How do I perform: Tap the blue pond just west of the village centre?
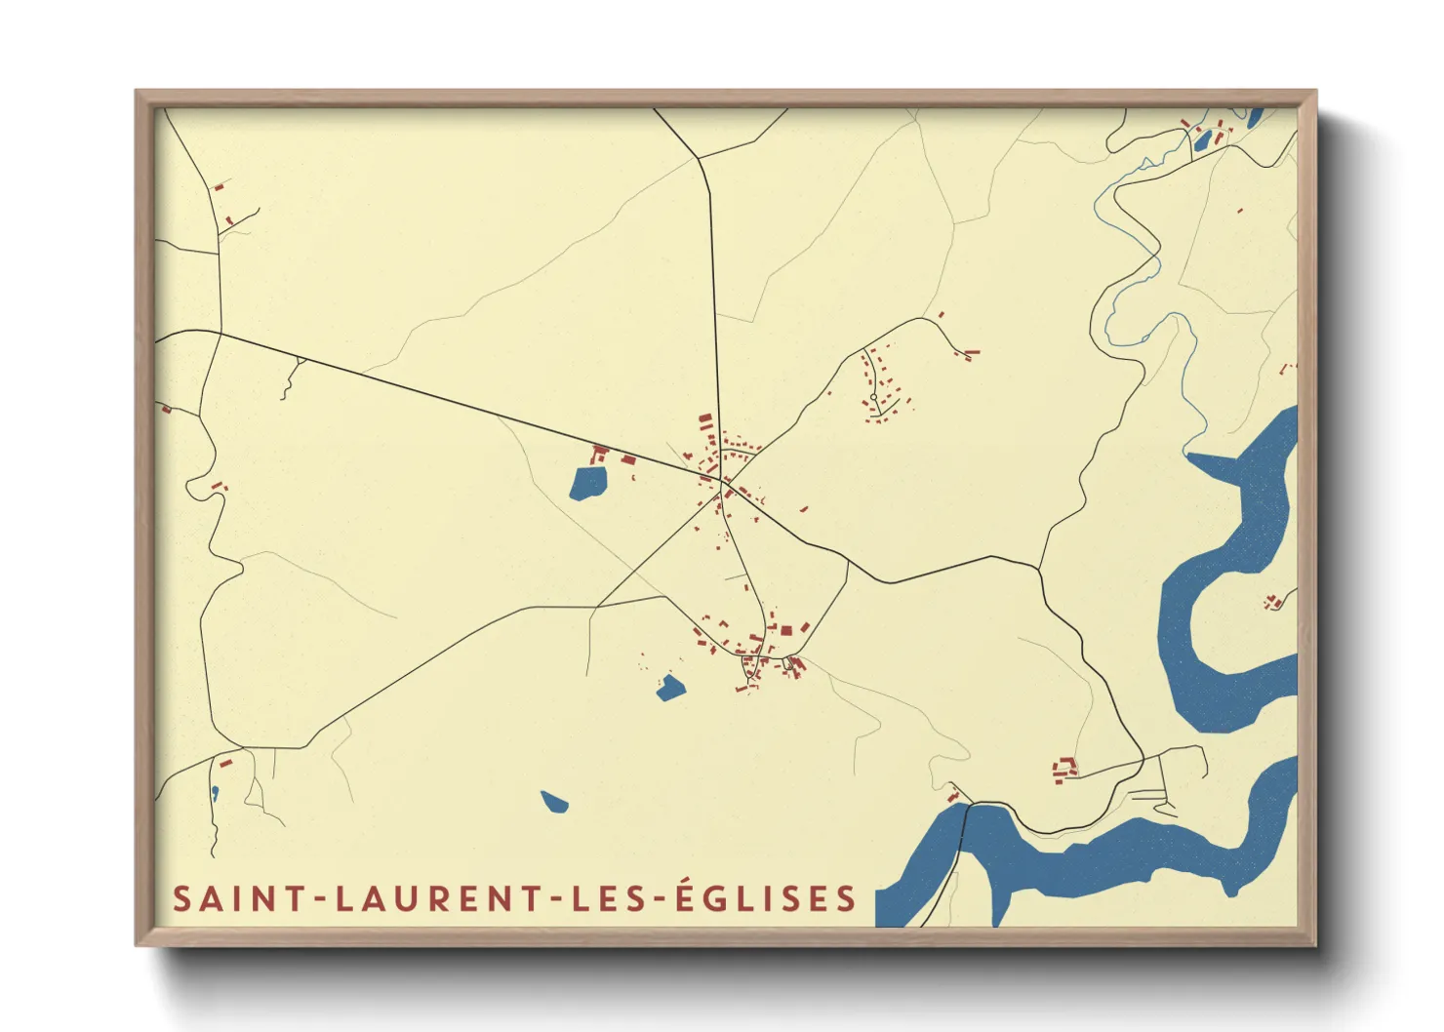coord(587,483)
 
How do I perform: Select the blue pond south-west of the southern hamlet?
coord(670,688)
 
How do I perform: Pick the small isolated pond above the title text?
coord(554,802)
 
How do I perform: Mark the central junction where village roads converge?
coord(723,481)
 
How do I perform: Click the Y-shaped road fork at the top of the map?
coord(698,157)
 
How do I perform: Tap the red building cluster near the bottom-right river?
coord(1064,770)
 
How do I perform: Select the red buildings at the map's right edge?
coord(1273,603)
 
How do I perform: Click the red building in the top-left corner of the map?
coord(220,184)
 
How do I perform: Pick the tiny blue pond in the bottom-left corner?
coord(215,791)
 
